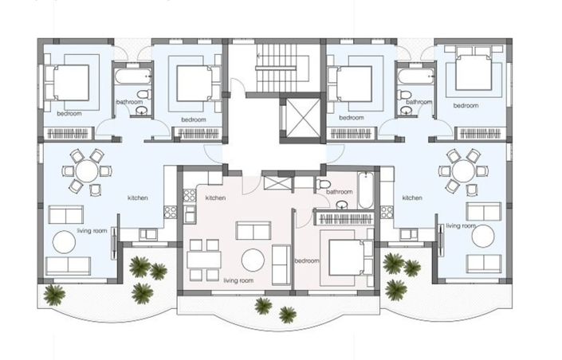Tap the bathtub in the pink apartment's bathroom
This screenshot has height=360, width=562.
tap(365, 190)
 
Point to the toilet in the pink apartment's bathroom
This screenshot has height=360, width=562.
tap(324, 185)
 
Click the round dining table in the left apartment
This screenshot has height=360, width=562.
tap(85, 171)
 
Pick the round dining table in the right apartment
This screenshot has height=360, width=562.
tap(462, 171)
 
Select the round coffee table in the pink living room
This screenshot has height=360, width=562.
tap(253, 260)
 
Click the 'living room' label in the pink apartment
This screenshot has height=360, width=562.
tap(238, 280)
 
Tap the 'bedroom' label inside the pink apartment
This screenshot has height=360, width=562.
tap(307, 260)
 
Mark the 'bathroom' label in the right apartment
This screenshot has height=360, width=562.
tap(419, 102)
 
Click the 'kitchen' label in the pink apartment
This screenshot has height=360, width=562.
tap(215, 198)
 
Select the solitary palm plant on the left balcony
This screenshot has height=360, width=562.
tap(54, 294)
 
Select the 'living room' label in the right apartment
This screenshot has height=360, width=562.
tap(460, 226)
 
